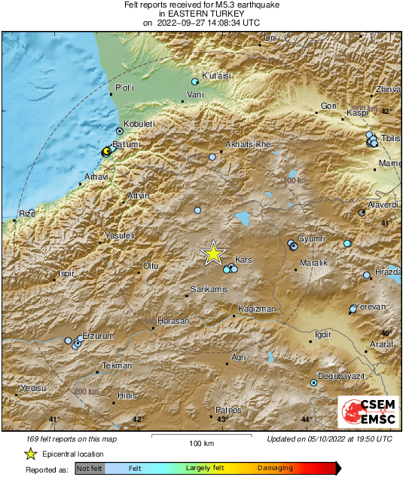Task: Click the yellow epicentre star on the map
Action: pos(214,254)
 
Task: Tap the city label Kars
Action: pos(244,260)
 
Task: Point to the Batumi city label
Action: pos(124,143)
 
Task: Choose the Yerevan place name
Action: pos(371,306)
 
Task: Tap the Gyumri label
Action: pos(311,238)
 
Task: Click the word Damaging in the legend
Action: pos(276,469)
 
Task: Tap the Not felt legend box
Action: pos(90,469)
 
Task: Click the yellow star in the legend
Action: pos(30,454)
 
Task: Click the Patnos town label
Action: pos(228,409)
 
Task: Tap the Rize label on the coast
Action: pos(27,213)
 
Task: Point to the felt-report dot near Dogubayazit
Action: pos(314,383)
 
